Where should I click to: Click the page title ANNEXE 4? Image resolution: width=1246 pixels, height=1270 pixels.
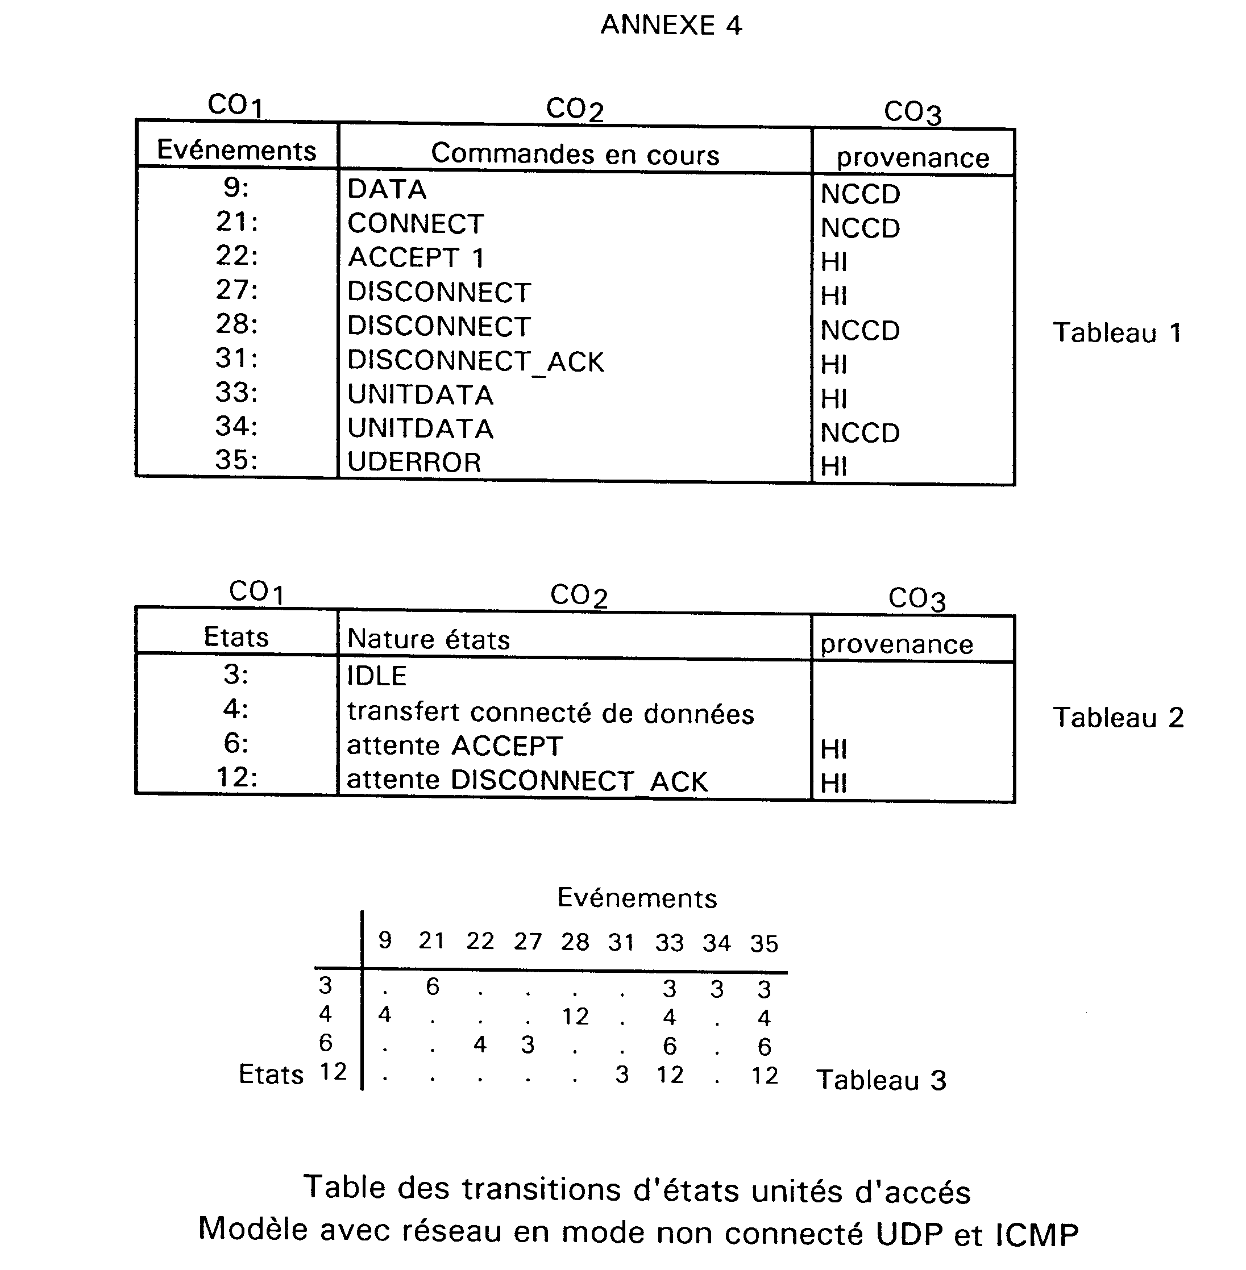(671, 26)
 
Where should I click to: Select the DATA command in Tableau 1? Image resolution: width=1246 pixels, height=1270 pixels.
(387, 189)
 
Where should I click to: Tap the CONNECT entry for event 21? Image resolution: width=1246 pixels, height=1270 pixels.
(416, 224)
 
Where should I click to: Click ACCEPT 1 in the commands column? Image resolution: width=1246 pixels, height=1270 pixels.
(416, 258)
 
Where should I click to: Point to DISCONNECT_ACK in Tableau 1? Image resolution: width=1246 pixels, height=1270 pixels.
(476, 361)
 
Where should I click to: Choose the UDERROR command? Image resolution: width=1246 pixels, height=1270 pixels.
(414, 463)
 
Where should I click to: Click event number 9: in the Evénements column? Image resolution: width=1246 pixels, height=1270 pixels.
(236, 188)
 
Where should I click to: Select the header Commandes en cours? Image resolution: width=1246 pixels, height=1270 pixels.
(575, 155)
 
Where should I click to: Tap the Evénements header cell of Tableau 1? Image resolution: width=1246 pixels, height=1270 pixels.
(237, 151)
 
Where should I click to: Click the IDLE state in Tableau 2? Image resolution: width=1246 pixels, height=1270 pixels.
(376, 676)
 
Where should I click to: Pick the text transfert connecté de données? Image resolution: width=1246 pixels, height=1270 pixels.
(550, 713)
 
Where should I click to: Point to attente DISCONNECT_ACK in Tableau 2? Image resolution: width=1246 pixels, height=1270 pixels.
(527, 781)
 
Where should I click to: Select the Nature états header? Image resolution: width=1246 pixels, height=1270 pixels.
(428, 639)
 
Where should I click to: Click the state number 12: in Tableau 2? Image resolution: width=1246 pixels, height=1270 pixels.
(237, 777)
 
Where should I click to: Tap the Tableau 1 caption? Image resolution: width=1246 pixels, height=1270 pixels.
(1117, 333)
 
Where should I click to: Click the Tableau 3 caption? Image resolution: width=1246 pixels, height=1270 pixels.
(881, 1080)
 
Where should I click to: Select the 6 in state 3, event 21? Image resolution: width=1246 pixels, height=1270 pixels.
(433, 986)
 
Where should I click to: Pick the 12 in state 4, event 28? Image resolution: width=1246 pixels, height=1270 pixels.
(575, 1017)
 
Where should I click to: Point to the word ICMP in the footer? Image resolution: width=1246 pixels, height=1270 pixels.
(1037, 1235)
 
